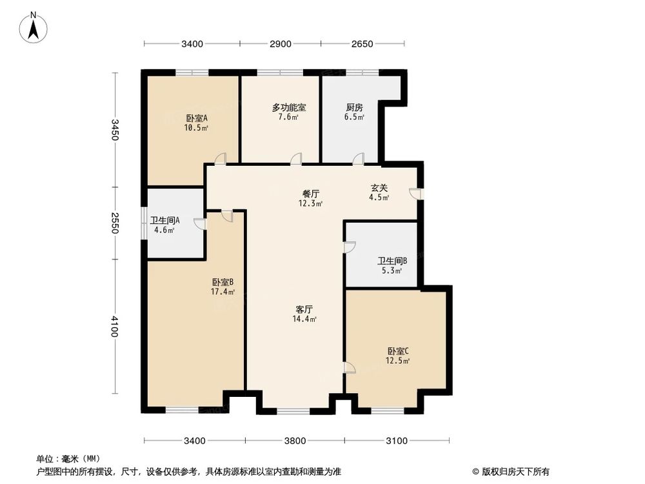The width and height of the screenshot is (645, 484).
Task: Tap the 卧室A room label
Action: point(196,118)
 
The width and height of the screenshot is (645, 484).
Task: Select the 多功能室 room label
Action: point(288,108)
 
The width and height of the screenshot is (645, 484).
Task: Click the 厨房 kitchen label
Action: point(354,108)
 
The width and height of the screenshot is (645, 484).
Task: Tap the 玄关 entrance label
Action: point(379,188)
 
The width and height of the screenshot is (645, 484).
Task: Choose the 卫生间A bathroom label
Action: point(164,220)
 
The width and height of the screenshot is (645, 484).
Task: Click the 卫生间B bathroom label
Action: point(392,261)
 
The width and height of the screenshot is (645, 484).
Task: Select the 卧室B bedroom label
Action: point(223,282)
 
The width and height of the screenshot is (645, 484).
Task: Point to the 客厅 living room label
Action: point(304,309)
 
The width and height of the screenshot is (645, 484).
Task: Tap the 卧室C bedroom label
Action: point(398,351)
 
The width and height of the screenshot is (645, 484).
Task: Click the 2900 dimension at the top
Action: point(281,44)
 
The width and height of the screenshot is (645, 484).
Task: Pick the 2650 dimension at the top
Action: point(362,44)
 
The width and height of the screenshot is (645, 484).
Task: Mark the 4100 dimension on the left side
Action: point(115,327)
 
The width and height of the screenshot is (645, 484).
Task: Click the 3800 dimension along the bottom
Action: point(295,441)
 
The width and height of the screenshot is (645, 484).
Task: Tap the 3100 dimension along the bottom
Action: point(397,441)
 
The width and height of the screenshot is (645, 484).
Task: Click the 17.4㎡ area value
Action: point(223,292)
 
